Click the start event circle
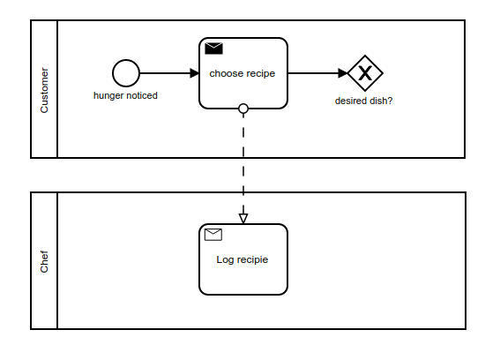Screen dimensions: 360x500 point(126,73)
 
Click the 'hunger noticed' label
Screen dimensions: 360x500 point(125,95)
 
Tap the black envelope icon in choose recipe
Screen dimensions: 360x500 point(213,49)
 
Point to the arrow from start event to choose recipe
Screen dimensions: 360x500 point(168,73)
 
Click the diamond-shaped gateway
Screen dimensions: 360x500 point(364,73)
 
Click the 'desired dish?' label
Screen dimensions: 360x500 point(363,101)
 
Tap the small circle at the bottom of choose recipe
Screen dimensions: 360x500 point(243,109)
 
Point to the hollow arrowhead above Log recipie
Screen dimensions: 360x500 point(243,217)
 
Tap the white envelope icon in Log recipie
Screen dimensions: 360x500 point(213,235)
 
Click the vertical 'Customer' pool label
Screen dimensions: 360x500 point(44,89)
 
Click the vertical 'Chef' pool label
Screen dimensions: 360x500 point(44,261)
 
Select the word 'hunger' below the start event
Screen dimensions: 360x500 point(108,95)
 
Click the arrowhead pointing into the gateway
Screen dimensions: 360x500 point(343,73)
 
